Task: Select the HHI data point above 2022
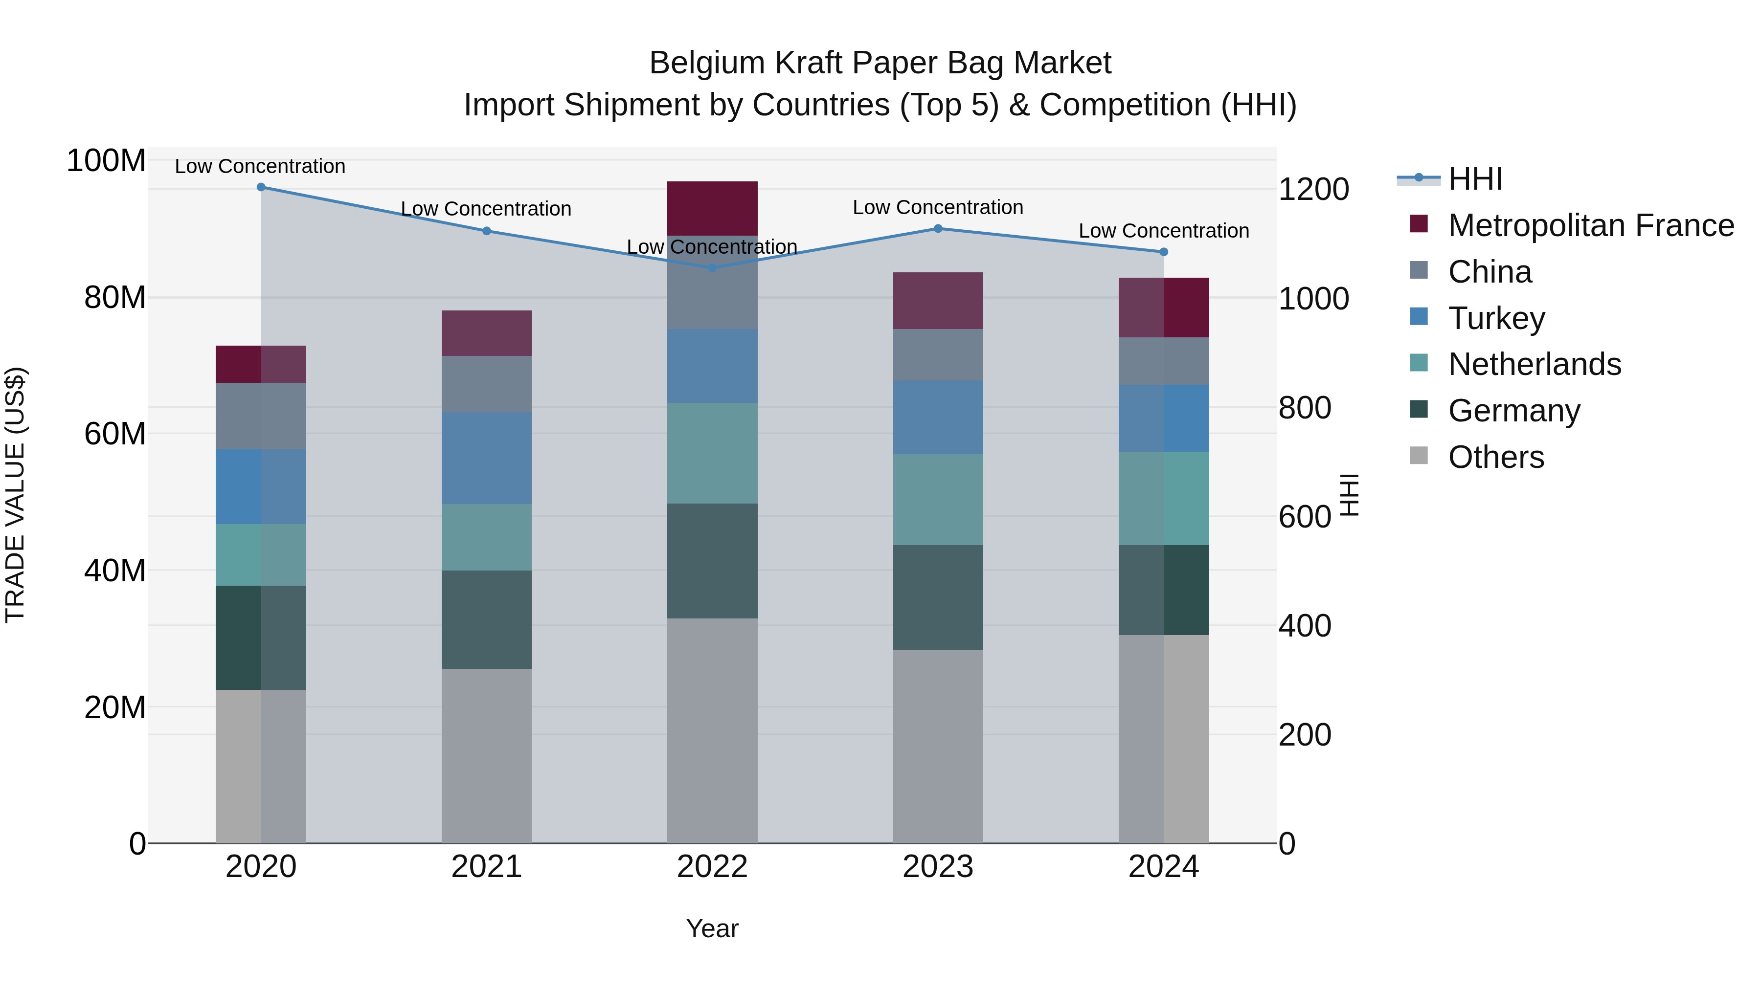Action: coord(712,268)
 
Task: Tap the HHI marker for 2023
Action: coord(938,228)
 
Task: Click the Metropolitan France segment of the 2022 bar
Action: coord(712,208)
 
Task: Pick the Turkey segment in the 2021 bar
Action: coord(486,458)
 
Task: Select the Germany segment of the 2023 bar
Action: coord(938,597)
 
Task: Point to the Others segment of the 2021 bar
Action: coord(486,755)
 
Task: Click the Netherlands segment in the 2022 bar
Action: coord(712,453)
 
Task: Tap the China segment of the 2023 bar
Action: coord(938,354)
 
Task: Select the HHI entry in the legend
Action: coord(1474,179)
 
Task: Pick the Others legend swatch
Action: coord(1419,456)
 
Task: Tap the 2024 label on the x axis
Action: coord(1164,867)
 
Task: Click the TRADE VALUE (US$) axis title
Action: coord(15,495)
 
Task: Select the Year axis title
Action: coord(712,928)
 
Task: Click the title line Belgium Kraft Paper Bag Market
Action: coord(880,63)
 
